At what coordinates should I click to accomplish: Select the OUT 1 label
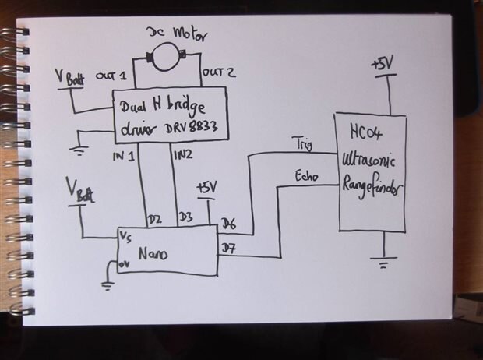[x=111, y=76]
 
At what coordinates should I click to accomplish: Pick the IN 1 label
[x=125, y=157]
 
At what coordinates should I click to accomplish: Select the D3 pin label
[x=185, y=217]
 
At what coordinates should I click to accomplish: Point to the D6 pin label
[x=228, y=224]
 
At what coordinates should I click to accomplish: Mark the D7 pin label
[x=228, y=249]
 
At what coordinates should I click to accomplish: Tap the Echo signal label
[x=305, y=176]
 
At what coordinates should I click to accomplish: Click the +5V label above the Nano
[x=206, y=188]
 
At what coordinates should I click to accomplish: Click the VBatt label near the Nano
[x=79, y=192]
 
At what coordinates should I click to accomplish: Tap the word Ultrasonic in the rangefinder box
[x=370, y=160]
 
